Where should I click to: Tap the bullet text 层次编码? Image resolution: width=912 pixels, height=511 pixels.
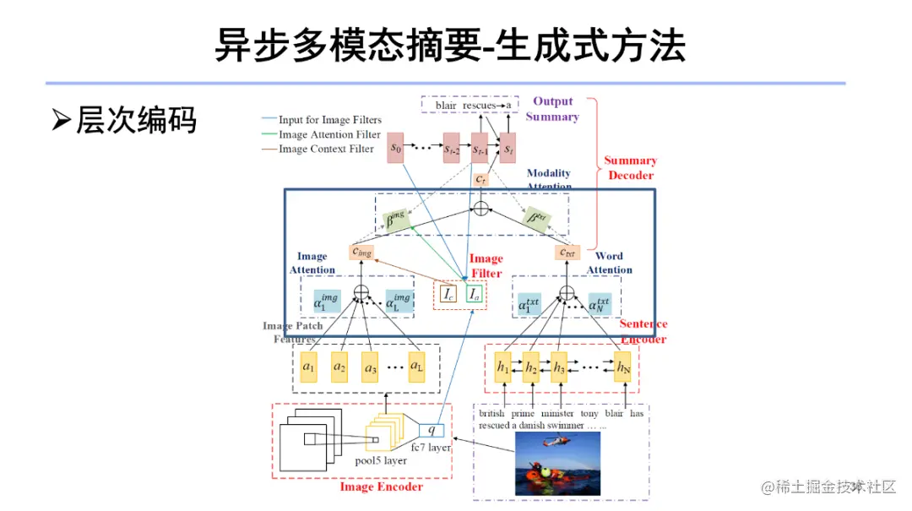136,119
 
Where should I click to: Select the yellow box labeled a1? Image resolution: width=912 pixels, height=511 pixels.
309,367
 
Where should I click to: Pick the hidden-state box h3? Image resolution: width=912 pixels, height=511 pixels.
559,367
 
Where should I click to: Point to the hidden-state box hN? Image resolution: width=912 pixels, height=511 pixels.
622,367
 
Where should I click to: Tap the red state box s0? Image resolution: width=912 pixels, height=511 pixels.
395,149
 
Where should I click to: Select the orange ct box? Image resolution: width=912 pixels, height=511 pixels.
480,180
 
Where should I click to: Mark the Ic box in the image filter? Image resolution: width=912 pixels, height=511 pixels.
448,295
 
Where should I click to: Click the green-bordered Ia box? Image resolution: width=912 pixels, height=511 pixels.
475,295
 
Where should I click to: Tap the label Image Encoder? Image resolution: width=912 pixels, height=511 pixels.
381,487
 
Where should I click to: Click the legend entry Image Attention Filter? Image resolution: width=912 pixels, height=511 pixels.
329,134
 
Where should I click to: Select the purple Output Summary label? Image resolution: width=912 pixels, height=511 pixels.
552,109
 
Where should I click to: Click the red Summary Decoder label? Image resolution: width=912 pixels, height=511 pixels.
630,167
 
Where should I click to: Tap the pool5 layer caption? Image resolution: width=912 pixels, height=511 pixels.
380,461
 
